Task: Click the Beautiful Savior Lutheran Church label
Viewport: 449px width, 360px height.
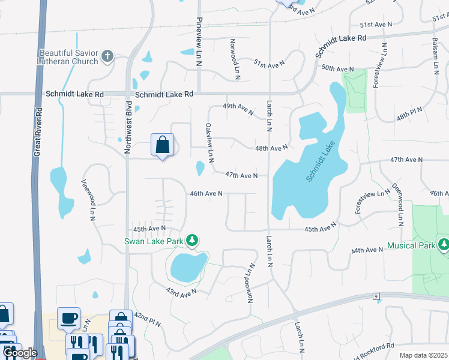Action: (68, 57)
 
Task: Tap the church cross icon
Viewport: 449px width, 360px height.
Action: (107, 56)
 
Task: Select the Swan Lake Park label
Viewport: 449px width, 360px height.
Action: (153, 242)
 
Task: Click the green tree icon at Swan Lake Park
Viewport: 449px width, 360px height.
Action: (191, 241)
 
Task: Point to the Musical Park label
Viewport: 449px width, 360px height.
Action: (411, 245)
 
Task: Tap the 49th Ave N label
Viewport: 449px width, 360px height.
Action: (238, 106)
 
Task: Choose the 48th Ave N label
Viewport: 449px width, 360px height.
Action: (271, 148)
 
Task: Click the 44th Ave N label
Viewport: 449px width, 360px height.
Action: (367, 250)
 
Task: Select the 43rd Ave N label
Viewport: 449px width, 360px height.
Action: (182, 292)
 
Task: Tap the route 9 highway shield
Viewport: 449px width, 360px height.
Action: (376, 296)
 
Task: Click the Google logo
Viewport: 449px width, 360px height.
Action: (20, 353)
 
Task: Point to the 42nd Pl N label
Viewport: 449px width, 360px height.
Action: (147, 319)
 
